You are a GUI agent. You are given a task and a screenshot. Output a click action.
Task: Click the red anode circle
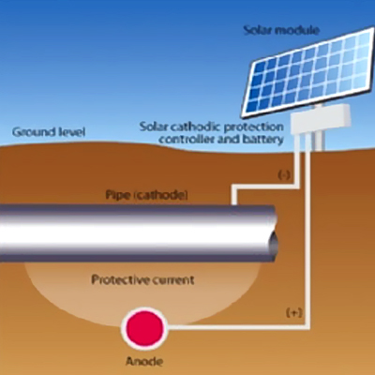144,328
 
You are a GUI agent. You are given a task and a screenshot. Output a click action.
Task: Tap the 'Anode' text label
144,361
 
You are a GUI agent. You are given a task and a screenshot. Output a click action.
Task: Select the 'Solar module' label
281,30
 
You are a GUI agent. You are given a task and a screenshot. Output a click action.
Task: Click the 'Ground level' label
49,131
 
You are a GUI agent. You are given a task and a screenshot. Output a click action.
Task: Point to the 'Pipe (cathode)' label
146,195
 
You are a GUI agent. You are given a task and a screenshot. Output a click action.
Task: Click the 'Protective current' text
142,279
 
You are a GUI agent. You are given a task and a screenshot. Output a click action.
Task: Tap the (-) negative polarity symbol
284,175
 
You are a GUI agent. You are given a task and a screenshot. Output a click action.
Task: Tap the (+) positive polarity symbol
294,313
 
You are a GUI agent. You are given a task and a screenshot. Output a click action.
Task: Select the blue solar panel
307,71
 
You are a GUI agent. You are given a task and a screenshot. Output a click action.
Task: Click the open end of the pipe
274,244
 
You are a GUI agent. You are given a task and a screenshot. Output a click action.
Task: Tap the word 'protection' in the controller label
254,127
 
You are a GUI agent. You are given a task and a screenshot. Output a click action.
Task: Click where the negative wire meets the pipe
233,204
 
